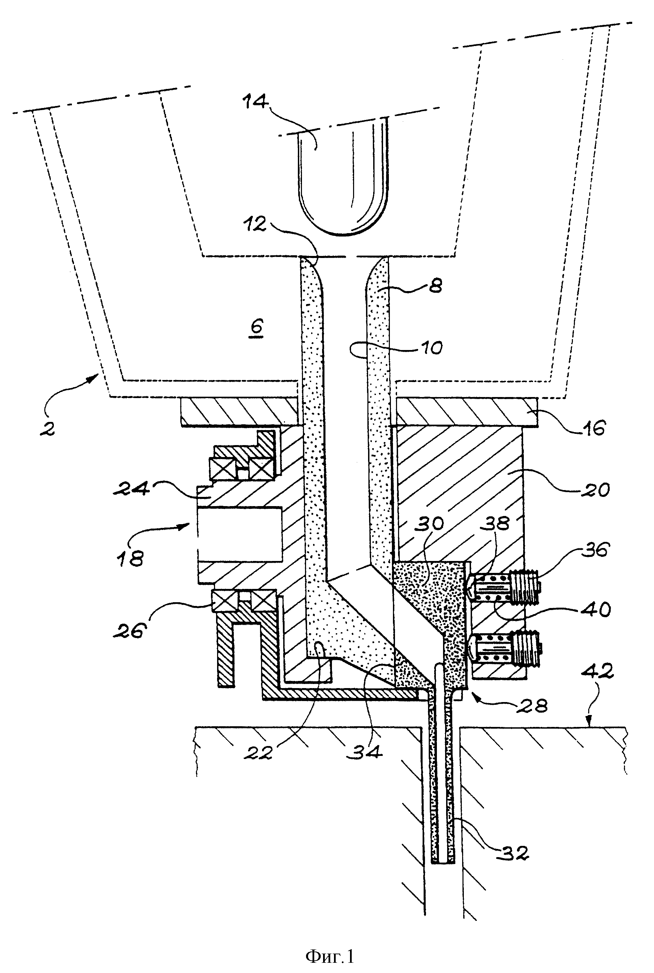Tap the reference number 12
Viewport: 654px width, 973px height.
[255, 224]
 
